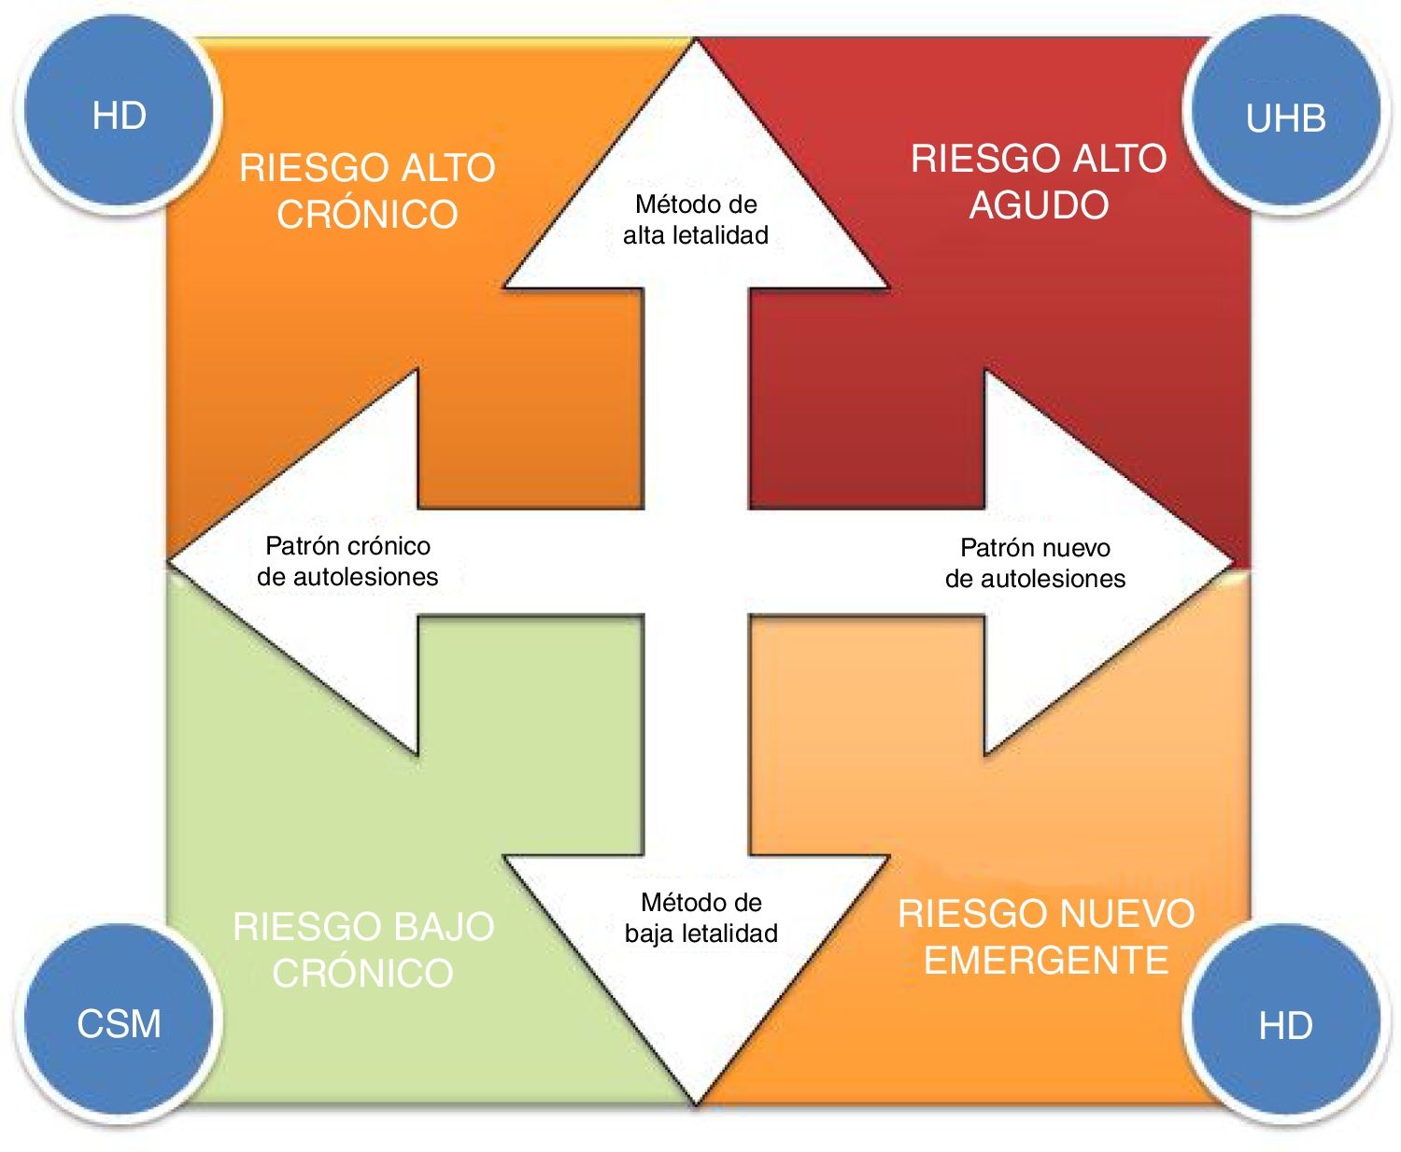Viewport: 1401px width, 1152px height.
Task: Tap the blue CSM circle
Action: point(119,1021)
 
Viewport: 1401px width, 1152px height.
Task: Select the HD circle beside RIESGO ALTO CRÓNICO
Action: point(119,114)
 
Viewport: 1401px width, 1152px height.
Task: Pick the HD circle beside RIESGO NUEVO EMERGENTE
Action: point(1285,1023)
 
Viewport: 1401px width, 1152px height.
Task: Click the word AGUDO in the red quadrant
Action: point(1039,205)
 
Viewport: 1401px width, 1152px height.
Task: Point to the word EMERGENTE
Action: point(1046,961)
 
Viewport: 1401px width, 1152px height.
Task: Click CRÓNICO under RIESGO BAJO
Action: point(363,974)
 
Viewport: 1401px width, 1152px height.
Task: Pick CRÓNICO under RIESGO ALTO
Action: point(367,215)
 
